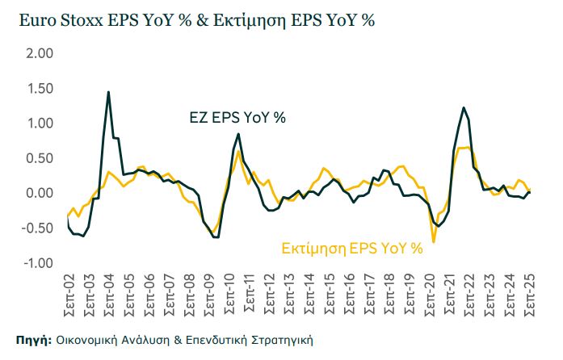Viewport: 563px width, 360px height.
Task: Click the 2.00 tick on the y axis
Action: point(40,53)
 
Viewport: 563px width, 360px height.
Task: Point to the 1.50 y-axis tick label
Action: point(40,88)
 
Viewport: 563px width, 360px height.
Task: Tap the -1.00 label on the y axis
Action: point(38,263)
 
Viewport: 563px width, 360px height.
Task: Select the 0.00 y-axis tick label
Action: point(40,193)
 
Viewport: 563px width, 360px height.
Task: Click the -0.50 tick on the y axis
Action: point(38,228)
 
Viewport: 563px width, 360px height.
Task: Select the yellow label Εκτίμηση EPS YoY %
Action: point(352,249)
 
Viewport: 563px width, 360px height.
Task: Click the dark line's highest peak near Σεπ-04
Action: point(108,92)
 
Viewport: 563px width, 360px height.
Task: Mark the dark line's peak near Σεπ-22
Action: point(464,107)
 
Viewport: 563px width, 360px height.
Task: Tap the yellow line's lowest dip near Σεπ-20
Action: point(434,241)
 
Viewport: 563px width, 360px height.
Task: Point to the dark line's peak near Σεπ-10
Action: point(238,134)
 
